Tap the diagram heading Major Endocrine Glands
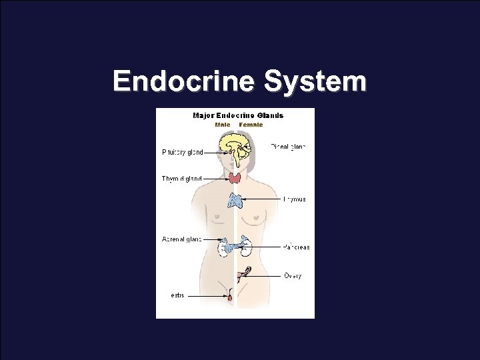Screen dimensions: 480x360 tap(238, 115)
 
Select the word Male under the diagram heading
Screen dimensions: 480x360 tap(223, 124)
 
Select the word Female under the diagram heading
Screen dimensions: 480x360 tap(251, 124)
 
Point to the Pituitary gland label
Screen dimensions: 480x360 tap(183, 152)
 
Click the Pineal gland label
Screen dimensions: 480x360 tap(289, 146)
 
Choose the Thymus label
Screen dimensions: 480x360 tap(295, 199)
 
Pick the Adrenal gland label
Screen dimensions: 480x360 tap(181, 239)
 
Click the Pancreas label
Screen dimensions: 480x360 tap(296, 247)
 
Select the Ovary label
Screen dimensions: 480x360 tap(293, 275)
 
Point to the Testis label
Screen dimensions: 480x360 tap(175, 295)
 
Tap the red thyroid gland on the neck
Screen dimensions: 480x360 tap(235, 178)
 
